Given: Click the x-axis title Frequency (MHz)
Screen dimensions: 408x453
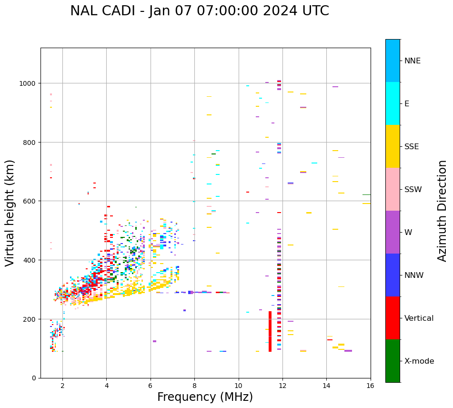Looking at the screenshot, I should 205,397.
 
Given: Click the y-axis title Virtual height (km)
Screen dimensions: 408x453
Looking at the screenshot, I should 10,213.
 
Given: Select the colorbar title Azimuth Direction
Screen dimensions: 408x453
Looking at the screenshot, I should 443,211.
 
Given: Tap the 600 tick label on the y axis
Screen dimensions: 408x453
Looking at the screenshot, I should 30,201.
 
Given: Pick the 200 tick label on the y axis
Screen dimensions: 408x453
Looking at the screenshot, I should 30,319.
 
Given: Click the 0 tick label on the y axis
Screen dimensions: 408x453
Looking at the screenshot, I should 34,378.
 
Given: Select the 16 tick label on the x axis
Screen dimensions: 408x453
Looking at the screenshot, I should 370,386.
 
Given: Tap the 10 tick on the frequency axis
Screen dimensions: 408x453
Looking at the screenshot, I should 238,386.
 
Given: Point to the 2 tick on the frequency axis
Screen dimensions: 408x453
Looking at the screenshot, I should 62,386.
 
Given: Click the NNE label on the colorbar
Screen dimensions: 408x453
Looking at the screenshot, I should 413,61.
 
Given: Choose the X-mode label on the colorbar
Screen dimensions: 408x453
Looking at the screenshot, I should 419,361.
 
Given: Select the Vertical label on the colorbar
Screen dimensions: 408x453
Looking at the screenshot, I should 419,318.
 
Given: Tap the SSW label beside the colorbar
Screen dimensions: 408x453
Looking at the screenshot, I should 413,190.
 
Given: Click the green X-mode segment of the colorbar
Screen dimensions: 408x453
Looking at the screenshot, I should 393,361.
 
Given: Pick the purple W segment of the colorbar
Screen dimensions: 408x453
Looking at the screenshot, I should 393,232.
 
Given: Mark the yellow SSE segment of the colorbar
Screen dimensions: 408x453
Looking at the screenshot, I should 393,146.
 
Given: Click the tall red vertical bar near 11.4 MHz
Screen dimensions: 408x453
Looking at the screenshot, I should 270,331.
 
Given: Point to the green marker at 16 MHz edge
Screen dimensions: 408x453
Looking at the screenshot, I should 366,194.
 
